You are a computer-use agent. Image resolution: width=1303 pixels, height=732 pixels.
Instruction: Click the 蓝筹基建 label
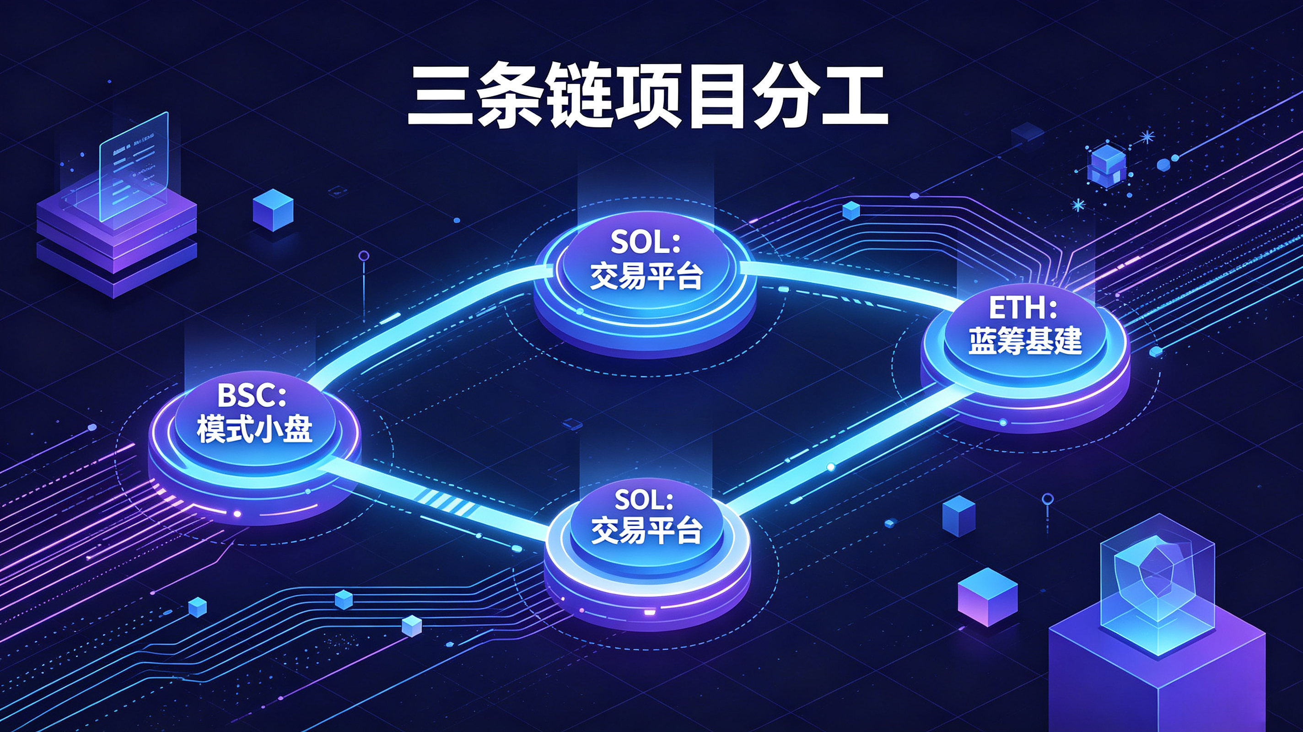click(x=1025, y=341)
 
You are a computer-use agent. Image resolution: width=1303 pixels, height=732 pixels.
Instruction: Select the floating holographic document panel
click(x=134, y=167)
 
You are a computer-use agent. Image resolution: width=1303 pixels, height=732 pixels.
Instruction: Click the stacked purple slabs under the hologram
click(x=117, y=243)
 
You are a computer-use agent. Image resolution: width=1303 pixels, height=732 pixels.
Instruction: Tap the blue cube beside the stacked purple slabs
click(x=273, y=210)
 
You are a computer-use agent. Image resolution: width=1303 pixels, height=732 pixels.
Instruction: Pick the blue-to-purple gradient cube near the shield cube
click(x=987, y=597)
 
